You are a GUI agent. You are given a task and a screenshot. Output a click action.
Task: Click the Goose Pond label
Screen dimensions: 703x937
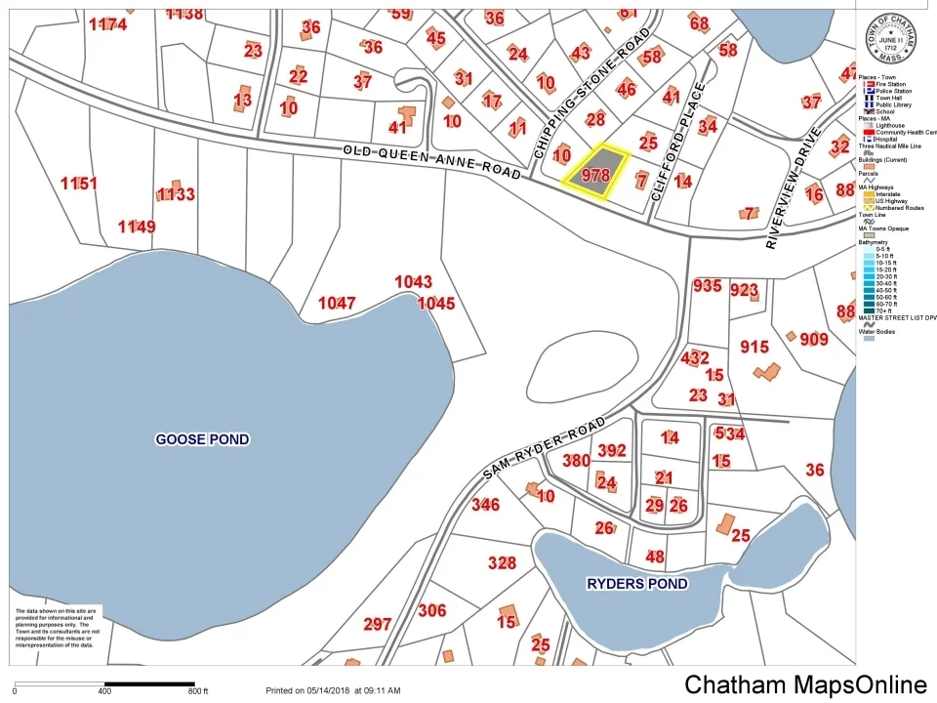(202, 439)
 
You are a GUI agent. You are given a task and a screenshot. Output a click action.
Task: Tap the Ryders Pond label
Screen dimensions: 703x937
(636, 584)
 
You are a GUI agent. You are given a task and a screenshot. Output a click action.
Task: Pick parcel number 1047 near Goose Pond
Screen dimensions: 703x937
(337, 304)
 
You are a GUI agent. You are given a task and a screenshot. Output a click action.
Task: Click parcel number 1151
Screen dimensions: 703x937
(78, 183)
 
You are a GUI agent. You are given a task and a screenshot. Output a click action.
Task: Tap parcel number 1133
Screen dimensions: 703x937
(176, 194)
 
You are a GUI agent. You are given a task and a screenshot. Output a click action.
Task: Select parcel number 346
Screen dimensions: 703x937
(485, 505)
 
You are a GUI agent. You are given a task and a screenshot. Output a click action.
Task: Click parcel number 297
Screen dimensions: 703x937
(377, 624)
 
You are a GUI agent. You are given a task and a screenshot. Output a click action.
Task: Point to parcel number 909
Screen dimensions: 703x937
(813, 340)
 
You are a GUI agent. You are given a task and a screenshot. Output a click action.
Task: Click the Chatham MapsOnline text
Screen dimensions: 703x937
(805, 683)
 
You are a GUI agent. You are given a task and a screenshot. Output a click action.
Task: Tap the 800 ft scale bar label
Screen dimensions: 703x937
(198, 691)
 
